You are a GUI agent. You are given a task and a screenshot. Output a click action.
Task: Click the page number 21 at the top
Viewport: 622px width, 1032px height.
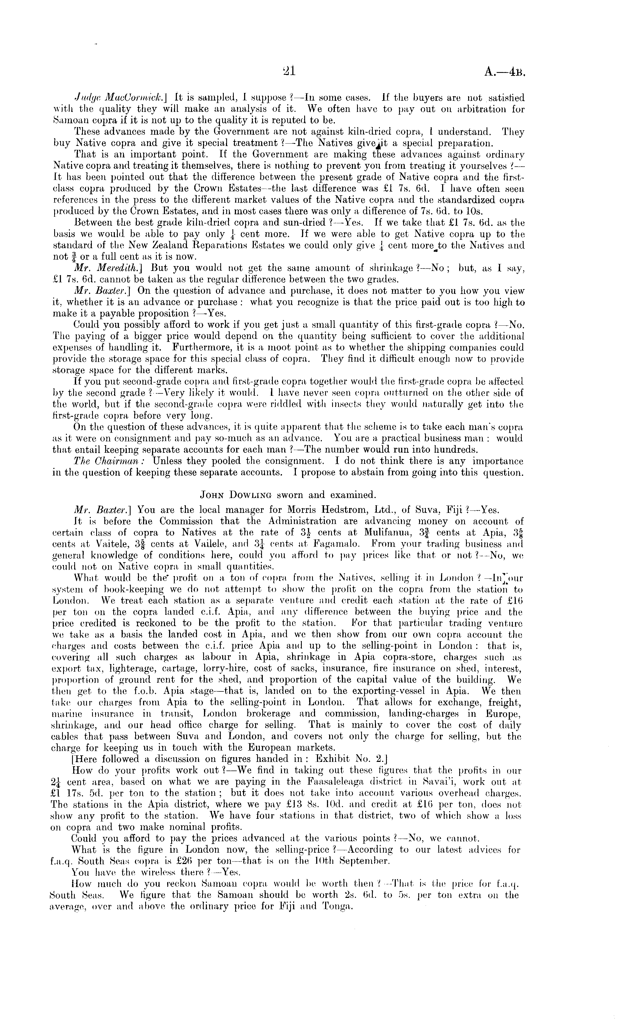tap(289, 72)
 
